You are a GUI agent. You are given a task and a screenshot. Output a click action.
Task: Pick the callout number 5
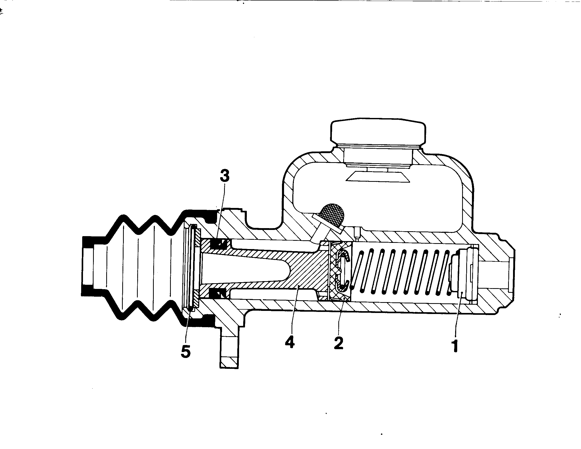(185, 351)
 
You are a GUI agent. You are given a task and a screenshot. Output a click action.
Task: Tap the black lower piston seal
(218, 294)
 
